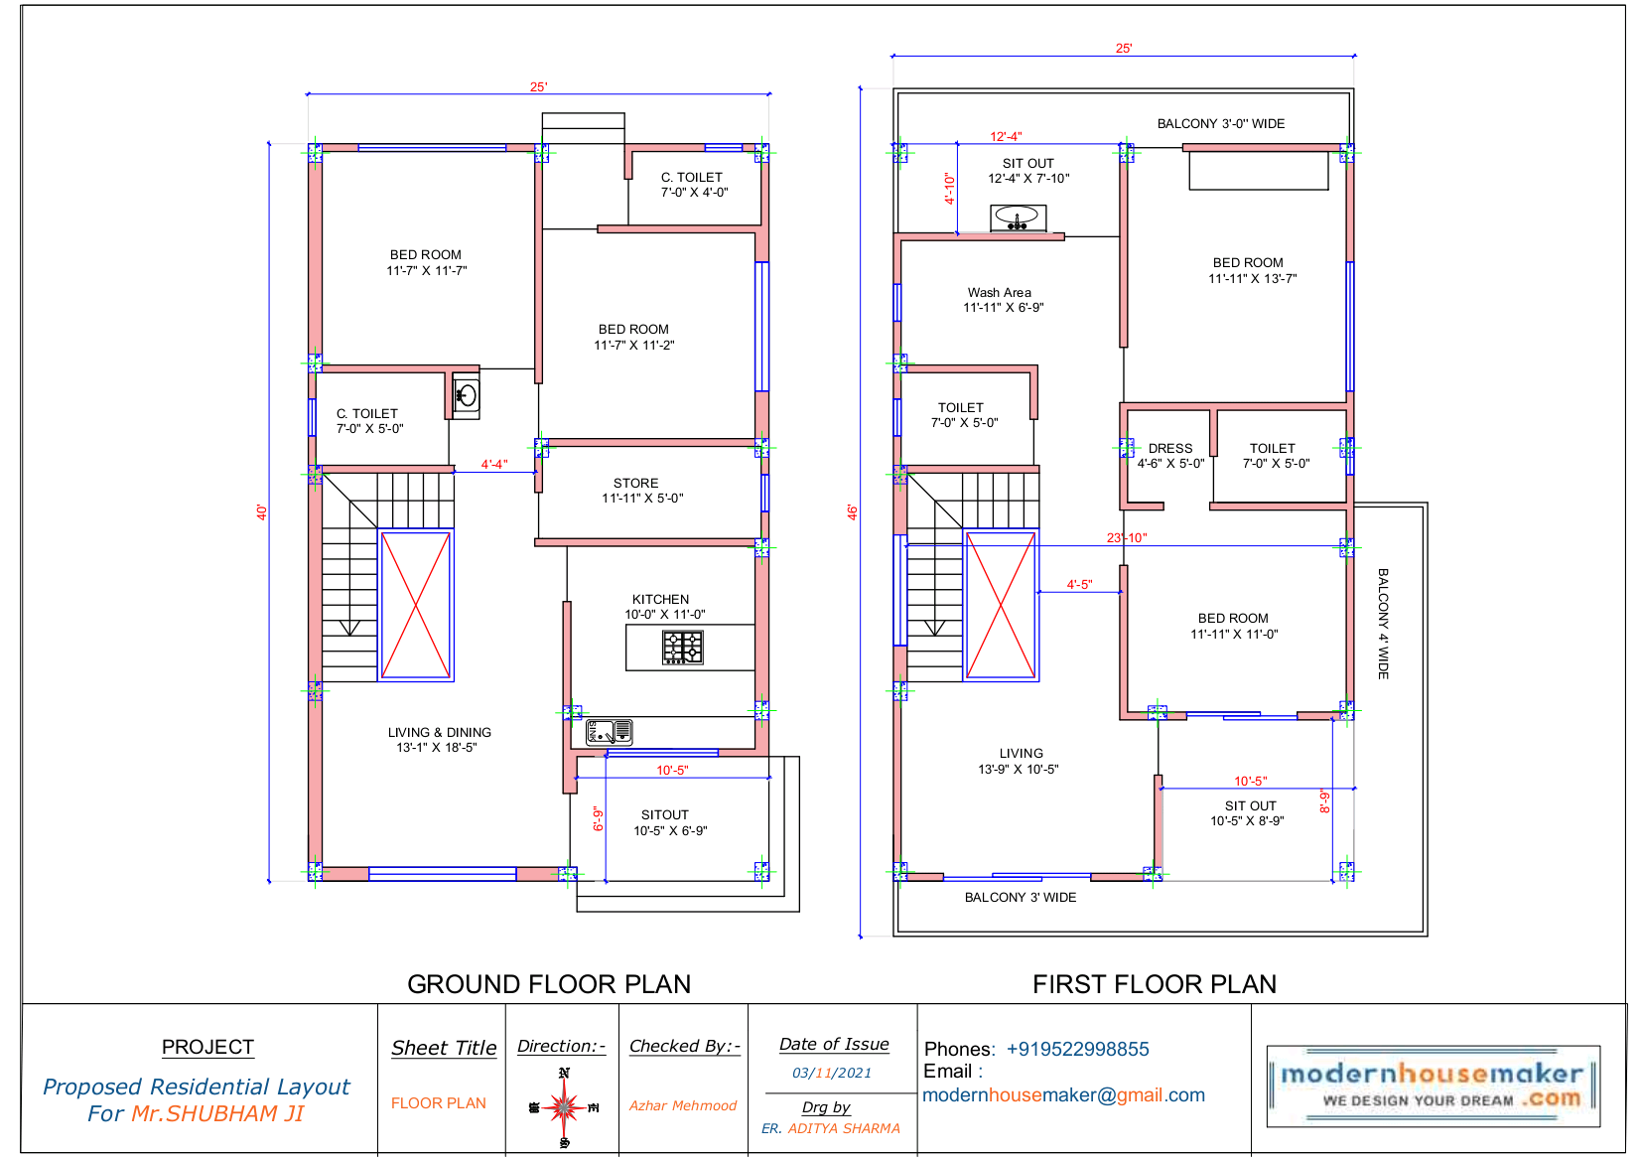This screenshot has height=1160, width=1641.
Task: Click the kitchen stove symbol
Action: tap(682, 648)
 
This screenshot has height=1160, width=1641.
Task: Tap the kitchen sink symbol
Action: tap(609, 732)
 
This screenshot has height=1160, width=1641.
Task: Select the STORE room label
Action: tap(636, 483)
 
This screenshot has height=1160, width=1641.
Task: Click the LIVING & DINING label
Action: tap(440, 732)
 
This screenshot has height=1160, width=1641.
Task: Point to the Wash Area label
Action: tap(1000, 292)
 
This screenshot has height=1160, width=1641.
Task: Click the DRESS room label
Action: tap(1170, 448)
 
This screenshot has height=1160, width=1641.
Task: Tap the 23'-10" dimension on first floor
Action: tap(1127, 538)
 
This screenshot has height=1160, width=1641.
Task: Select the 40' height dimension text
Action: tap(261, 512)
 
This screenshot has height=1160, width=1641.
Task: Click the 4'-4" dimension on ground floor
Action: tap(494, 464)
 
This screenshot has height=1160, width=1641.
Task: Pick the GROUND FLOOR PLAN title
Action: tap(549, 984)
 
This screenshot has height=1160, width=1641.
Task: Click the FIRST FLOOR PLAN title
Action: tap(1155, 984)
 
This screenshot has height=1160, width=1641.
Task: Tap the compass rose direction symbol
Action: tap(564, 1106)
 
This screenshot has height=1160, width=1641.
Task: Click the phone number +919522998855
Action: tap(1078, 1050)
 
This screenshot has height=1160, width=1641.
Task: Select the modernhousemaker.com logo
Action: tap(1433, 1086)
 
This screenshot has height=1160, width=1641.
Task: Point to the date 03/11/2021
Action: tap(832, 1073)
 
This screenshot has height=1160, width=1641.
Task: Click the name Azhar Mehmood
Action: tap(683, 1105)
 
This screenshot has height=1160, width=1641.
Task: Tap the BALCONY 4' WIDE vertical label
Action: tap(1383, 624)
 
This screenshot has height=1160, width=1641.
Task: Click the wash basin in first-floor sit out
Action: tap(1018, 217)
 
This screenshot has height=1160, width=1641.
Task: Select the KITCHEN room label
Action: tap(660, 599)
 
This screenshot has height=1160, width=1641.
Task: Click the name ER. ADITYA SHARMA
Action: tap(831, 1128)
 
